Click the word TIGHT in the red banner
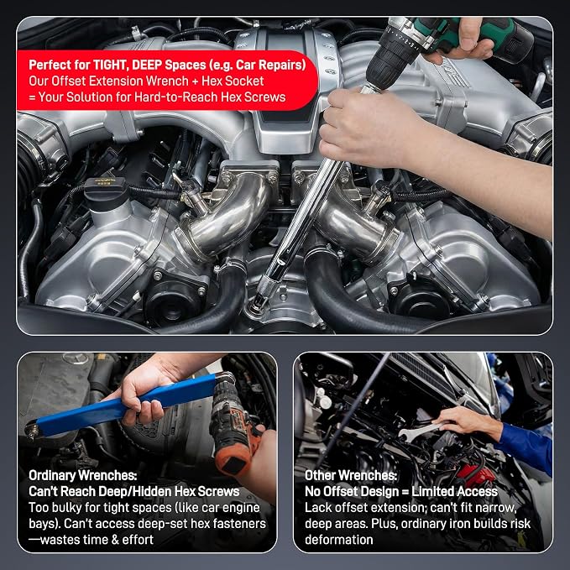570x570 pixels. (x=111, y=65)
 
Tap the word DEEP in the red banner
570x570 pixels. (x=147, y=65)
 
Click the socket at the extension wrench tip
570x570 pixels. (x=259, y=305)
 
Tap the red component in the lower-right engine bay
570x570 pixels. (x=476, y=475)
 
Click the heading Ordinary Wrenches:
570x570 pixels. (x=83, y=475)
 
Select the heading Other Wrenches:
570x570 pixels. (x=351, y=475)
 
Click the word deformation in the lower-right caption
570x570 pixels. (x=339, y=540)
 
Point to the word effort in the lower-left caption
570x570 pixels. (x=138, y=540)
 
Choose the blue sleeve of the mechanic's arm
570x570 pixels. (x=526, y=448)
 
